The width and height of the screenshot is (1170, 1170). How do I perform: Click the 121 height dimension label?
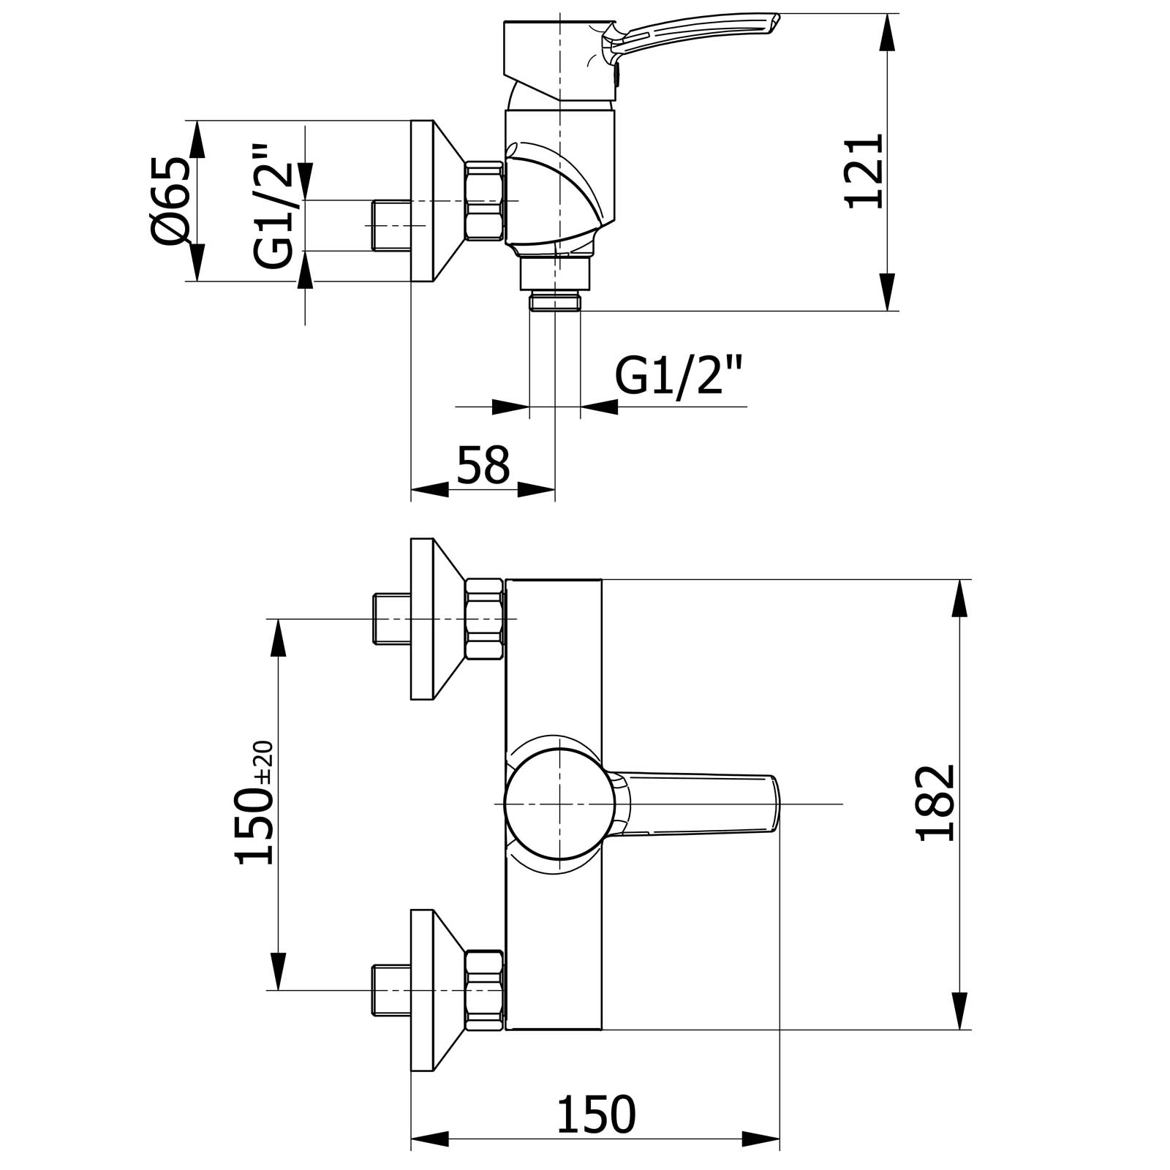coord(865,171)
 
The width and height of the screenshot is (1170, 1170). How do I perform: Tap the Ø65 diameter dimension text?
coord(172,200)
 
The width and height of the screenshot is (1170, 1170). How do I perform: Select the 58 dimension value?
coord(483,464)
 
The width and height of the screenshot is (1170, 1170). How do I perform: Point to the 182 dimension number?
coord(936,802)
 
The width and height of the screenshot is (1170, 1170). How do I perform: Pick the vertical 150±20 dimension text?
coord(255,803)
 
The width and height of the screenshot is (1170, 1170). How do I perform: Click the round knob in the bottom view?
coord(559,804)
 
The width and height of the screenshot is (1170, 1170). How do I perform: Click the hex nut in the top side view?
coord(485,200)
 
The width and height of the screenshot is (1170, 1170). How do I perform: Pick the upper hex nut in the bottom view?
coord(485,619)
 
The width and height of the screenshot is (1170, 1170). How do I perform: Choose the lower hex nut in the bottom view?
coord(485,990)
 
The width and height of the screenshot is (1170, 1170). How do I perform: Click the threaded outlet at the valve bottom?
coord(555,301)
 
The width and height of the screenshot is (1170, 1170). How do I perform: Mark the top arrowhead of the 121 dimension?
coord(887,31)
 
